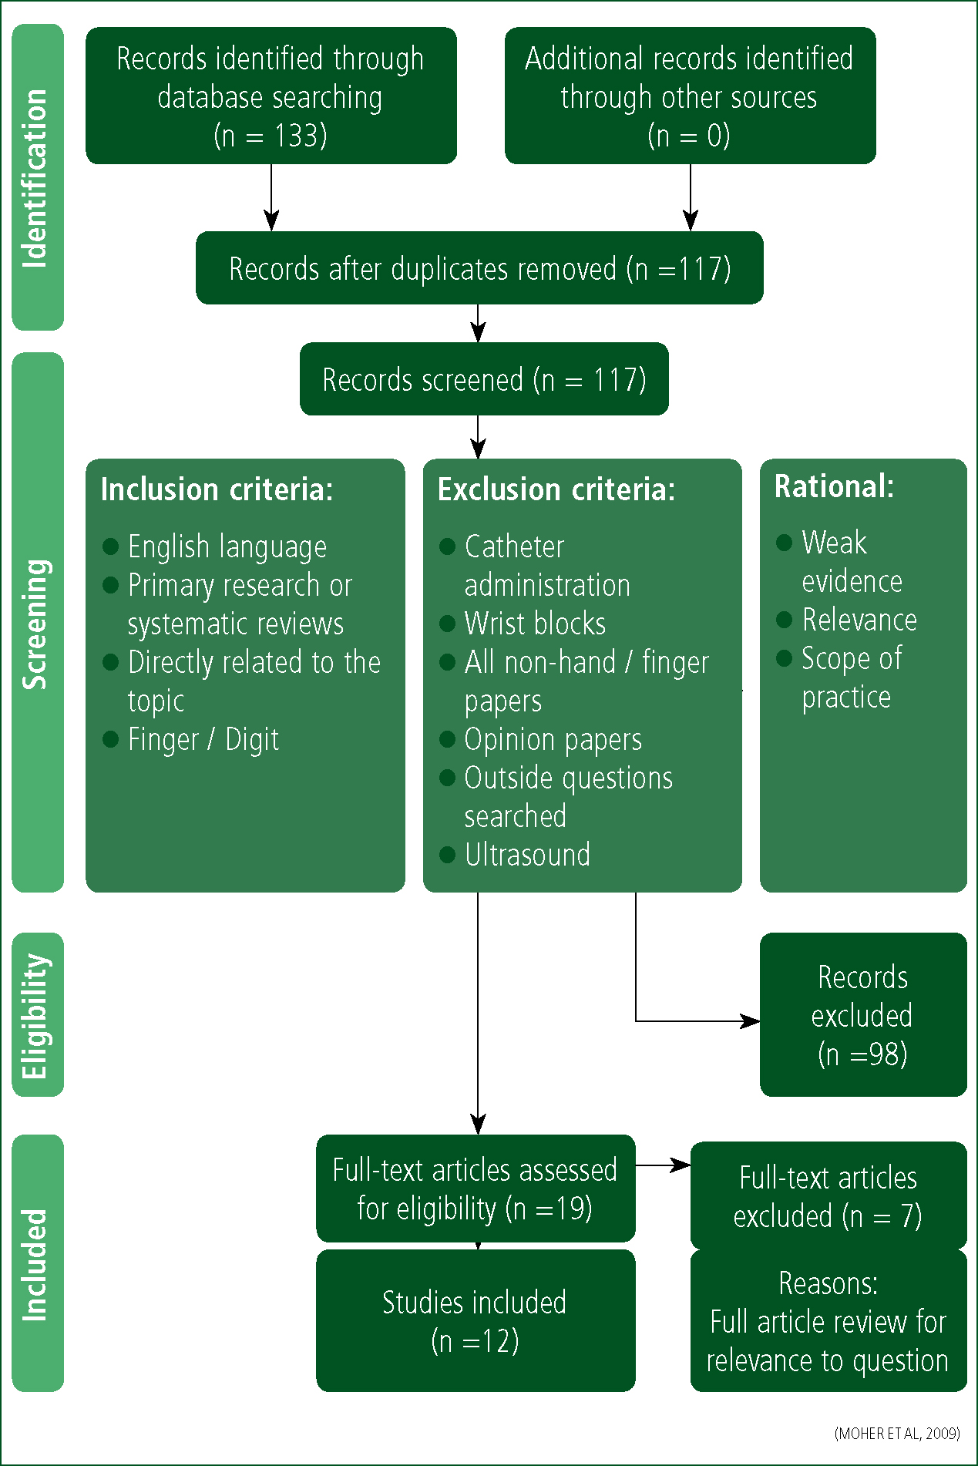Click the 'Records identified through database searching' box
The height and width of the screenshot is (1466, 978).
[271, 96]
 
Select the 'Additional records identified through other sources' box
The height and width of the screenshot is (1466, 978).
[691, 96]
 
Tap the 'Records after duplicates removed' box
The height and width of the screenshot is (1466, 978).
[479, 267]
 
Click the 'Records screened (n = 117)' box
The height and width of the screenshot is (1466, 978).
[484, 379]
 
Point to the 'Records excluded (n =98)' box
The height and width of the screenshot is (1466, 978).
[863, 1014]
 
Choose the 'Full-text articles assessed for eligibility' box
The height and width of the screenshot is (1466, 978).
[476, 1188]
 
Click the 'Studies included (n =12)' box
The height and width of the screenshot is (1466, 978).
[476, 1320]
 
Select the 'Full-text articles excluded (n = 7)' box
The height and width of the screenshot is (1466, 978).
[828, 1195]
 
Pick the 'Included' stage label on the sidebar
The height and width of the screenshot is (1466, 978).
[35, 1264]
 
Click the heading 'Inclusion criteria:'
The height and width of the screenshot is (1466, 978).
[217, 489]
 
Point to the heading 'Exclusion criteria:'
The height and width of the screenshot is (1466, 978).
[556, 489]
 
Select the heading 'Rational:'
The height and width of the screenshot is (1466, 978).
[834, 486]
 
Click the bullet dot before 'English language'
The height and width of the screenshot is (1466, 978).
[110, 546]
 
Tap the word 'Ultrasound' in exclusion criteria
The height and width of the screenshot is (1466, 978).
[527, 855]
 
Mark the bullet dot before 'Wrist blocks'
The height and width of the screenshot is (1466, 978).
[447, 624]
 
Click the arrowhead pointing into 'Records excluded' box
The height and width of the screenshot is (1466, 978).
[750, 1021]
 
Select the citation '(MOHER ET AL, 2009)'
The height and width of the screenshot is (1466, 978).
[897, 1434]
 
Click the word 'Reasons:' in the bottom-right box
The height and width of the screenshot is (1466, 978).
[828, 1283]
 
